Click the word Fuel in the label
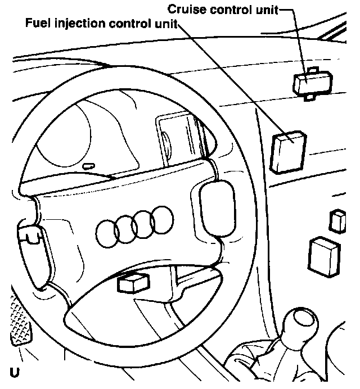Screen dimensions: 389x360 tap(35, 24)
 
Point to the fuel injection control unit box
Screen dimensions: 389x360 tap(289, 150)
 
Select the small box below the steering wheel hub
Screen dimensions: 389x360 tap(133, 282)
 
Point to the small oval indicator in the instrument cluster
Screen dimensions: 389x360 tap(88, 166)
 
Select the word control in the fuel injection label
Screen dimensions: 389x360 tap(134, 24)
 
